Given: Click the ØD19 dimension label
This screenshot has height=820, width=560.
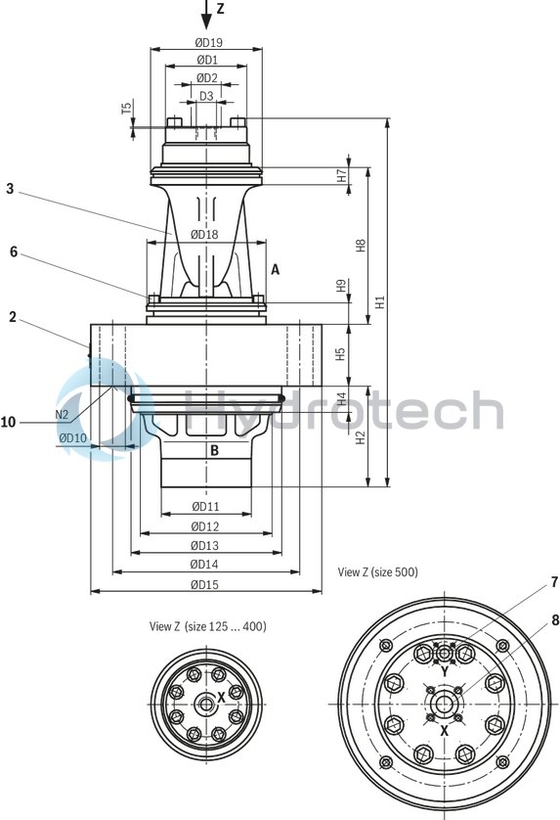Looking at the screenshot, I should (x=206, y=42).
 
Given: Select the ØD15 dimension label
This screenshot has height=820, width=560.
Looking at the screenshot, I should (x=205, y=585).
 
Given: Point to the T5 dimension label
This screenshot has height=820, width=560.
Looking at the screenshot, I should (x=126, y=108).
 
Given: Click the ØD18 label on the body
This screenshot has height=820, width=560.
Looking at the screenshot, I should (x=205, y=234).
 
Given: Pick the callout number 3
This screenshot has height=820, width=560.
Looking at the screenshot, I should (x=10, y=189).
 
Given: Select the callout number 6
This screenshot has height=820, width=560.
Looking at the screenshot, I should (x=14, y=251).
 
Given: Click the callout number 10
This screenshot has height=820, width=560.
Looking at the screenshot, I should (x=9, y=422).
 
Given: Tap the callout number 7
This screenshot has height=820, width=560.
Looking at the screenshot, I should (x=554, y=582).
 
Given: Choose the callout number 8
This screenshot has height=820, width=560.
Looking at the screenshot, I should (x=554, y=618).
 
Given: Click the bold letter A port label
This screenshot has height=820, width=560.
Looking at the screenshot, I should (x=276, y=269).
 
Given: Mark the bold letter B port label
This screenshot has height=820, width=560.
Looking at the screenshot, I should (x=214, y=450).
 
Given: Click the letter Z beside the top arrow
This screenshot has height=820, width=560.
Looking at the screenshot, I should (x=221, y=8).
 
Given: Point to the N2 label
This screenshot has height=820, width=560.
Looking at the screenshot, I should (x=62, y=414).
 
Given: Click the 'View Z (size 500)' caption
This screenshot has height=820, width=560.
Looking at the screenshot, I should (x=377, y=571).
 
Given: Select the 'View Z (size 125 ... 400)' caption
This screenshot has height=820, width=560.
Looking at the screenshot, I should (x=207, y=625).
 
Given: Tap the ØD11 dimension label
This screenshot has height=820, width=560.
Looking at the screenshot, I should (x=205, y=506).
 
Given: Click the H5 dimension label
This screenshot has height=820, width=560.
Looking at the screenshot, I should (x=341, y=353).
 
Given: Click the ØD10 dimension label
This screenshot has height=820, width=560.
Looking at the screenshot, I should (x=72, y=437).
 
